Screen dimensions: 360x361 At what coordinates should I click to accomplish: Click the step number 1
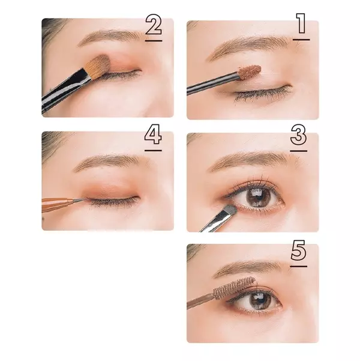pyautogui.click(x=301, y=23)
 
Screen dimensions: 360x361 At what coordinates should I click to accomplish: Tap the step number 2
pyautogui.click(x=154, y=25)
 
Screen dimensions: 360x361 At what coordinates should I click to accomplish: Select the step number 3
pyautogui.click(x=298, y=135)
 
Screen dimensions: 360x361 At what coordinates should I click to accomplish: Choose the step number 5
pyautogui.click(x=298, y=250)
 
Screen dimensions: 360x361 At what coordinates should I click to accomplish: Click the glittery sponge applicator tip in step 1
pyautogui.click(x=250, y=71)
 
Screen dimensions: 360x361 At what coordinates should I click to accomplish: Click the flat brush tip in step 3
pyautogui.click(x=231, y=210)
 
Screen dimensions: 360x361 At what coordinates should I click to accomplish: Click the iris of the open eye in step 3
pyautogui.click(x=259, y=196)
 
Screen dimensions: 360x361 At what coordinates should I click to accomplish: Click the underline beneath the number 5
pyautogui.click(x=299, y=266)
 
